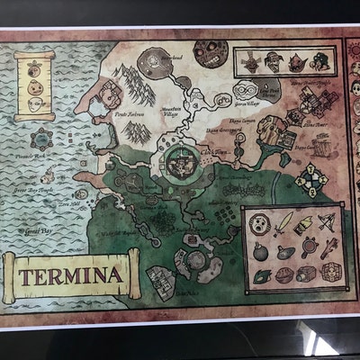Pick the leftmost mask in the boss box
point(251,63)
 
